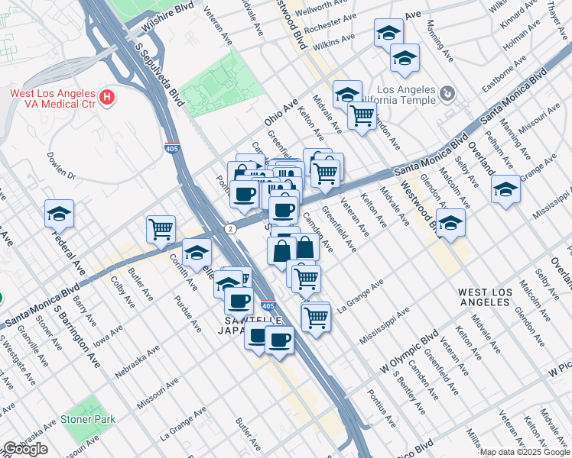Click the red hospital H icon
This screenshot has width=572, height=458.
[x=108, y=98]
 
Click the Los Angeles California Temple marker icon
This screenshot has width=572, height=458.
[x=447, y=95]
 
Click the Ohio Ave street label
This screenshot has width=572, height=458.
[x=280, y=114]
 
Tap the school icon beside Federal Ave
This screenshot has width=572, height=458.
[x=59, y=215]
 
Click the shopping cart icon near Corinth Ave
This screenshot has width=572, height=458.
[x=161, y=228]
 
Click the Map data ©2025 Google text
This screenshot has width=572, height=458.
[x=525, y=452]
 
